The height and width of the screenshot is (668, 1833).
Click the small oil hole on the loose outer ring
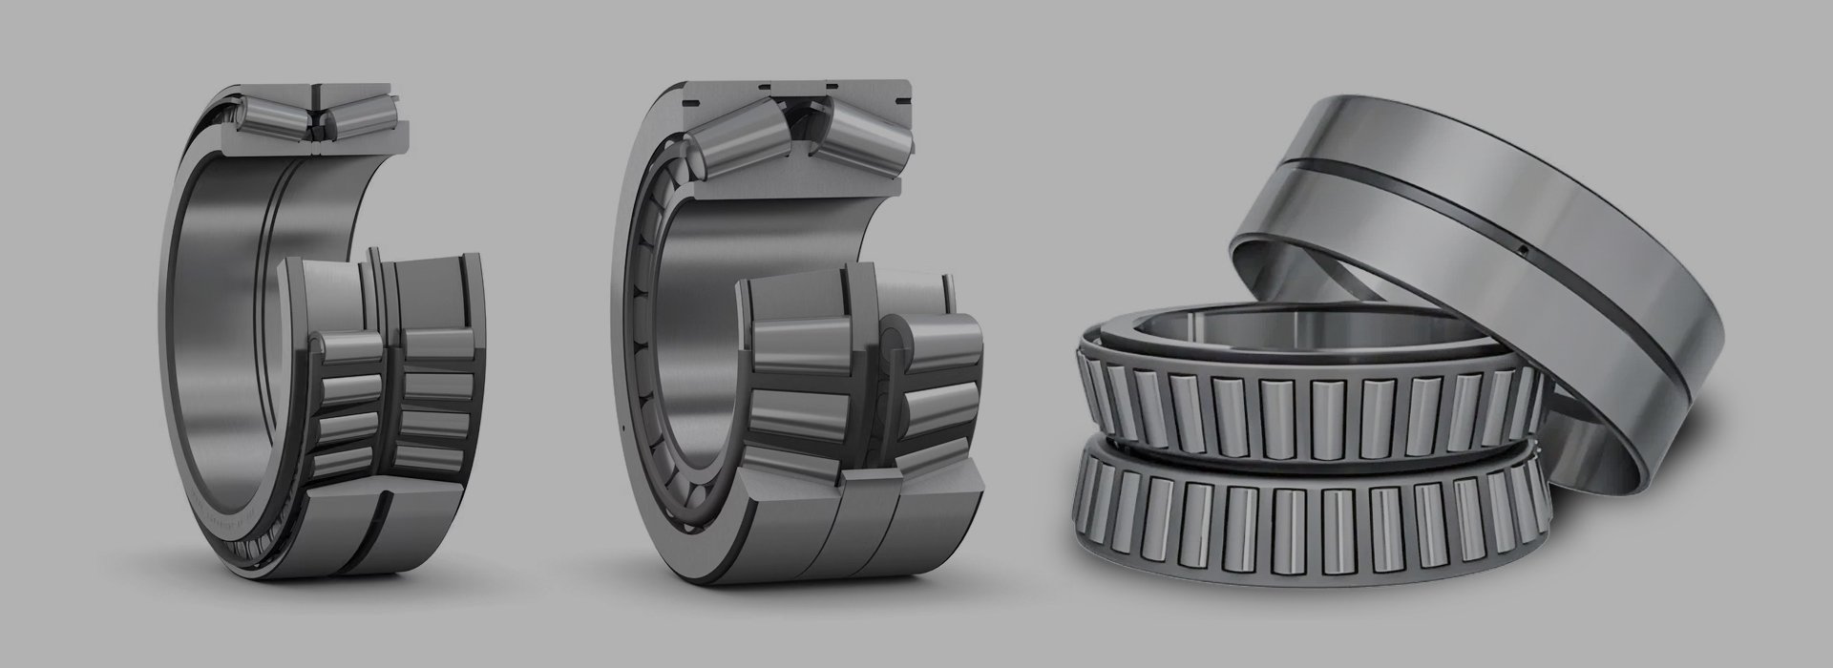click(x=1526, y=250)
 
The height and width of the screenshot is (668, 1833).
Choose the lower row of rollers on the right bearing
click(x=1308, y=515)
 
